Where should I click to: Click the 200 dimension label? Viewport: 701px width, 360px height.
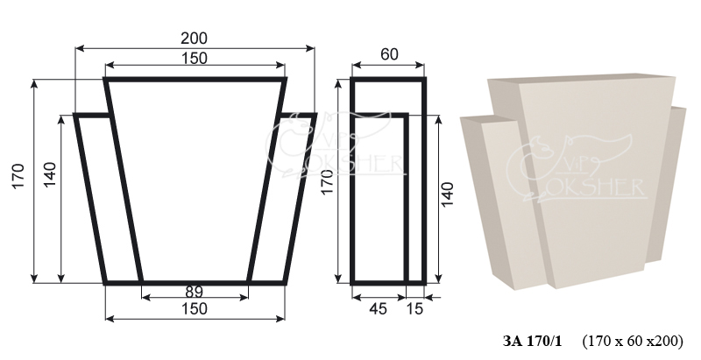pos(194,39)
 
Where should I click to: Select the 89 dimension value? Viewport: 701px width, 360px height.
pos(194,292)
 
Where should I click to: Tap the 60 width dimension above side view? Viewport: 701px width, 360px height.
pos(389,54)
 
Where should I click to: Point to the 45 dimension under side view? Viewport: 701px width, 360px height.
pos(378,308)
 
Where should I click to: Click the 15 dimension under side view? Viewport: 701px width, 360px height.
pos(414,308)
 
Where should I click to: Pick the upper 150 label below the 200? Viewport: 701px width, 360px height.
pos(194,58)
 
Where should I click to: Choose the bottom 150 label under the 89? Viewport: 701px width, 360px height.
pos(194,308)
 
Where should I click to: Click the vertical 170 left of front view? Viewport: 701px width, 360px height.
pos(18,176)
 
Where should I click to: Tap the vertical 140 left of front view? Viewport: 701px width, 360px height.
pos(49,174)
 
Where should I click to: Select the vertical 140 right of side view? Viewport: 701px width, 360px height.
pos(447,194)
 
